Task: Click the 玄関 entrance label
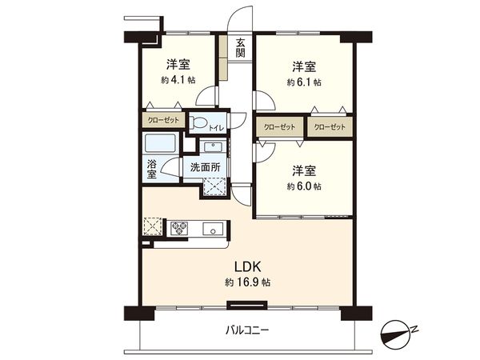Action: click(240, 48)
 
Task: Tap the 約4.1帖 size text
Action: click(178, 81)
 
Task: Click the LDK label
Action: click(246, 266)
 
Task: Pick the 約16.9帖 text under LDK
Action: click(246, 283)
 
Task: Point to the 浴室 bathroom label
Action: click(152, 168)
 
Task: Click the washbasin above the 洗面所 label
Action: click(213, 147)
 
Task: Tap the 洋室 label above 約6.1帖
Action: click(303, 66)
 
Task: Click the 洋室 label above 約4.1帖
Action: click(178, 65)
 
